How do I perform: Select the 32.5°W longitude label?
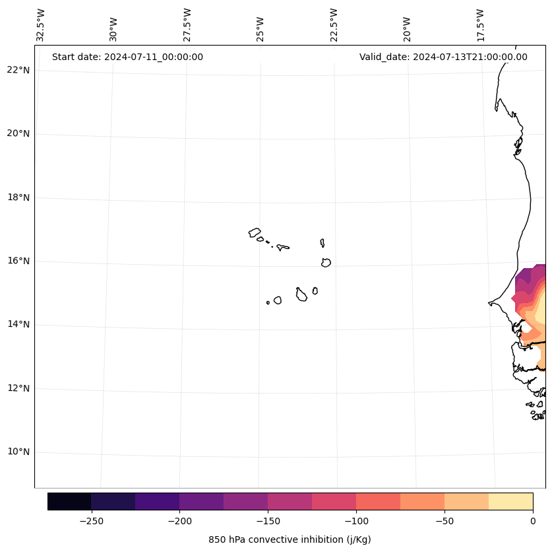pyautogui.click(x=41, y=25)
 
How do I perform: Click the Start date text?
pyautogui.click(x=127, y=57)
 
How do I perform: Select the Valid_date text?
pyautogui.click(x=443, y=57)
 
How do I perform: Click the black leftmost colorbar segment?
pyautogui.click(x=69, y=501)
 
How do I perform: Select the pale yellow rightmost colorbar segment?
pyautogui.click(x=510, y=501)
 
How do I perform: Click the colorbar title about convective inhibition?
pyautogui.click(x=290, y=539)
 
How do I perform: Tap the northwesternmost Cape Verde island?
pyautogui.click(x=255, y=232)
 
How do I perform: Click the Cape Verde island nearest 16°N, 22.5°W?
pyautogui.click(x=326, y=263)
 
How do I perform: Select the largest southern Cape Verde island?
pyautogui.click(x=301, y=295)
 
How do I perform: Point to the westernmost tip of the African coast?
pyautogui.click(x=489, y=303)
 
